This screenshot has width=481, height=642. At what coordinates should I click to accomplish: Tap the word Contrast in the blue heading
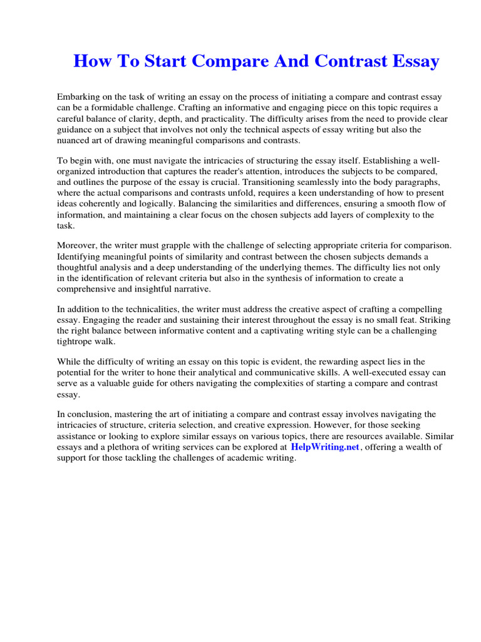[334, 61]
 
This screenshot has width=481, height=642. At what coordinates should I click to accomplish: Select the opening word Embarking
[80, 97]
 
